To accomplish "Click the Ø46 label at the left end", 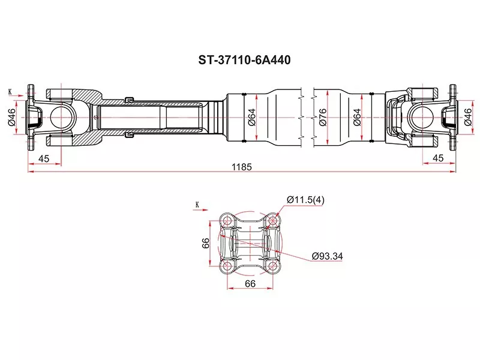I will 11,118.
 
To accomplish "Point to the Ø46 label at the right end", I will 467,118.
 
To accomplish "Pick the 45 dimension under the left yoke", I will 44,158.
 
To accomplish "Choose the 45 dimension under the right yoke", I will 438,158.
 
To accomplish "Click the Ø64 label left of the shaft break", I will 252,118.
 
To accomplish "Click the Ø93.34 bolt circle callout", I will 327,256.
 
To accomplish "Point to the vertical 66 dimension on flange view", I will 205,243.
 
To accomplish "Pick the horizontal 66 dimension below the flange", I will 250,283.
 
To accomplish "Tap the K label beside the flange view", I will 196,205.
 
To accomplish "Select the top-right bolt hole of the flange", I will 273,221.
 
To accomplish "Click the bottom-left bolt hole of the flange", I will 227,266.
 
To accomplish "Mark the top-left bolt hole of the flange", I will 227,221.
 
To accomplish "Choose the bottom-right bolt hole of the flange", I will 273,266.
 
